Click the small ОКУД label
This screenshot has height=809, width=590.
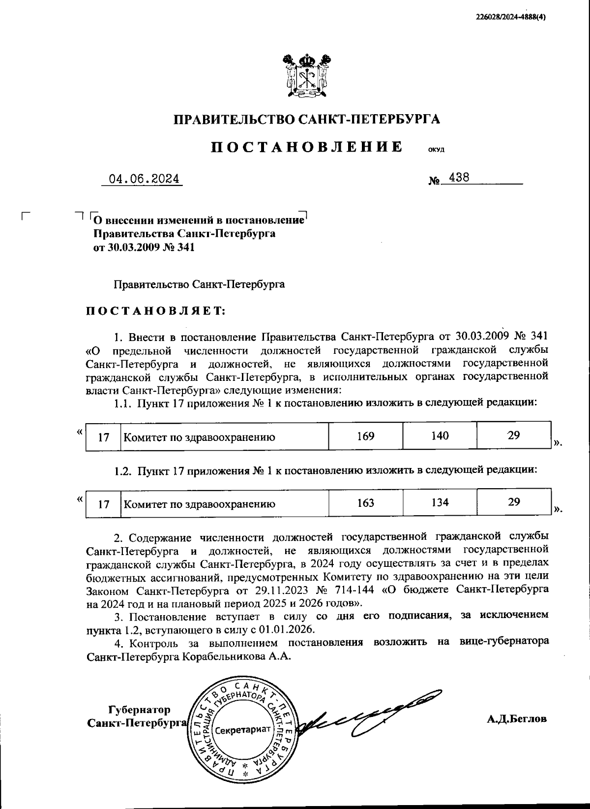(436, 150)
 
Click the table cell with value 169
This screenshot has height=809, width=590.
(365, 436)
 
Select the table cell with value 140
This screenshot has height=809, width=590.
(440, 436)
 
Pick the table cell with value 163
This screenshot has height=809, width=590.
(365, 502)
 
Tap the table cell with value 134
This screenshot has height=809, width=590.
(440, 502)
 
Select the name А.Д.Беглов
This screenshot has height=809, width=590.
(516, 719)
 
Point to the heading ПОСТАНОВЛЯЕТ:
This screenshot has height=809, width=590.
(155, 311)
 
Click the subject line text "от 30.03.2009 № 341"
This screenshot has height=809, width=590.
(144, 247)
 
